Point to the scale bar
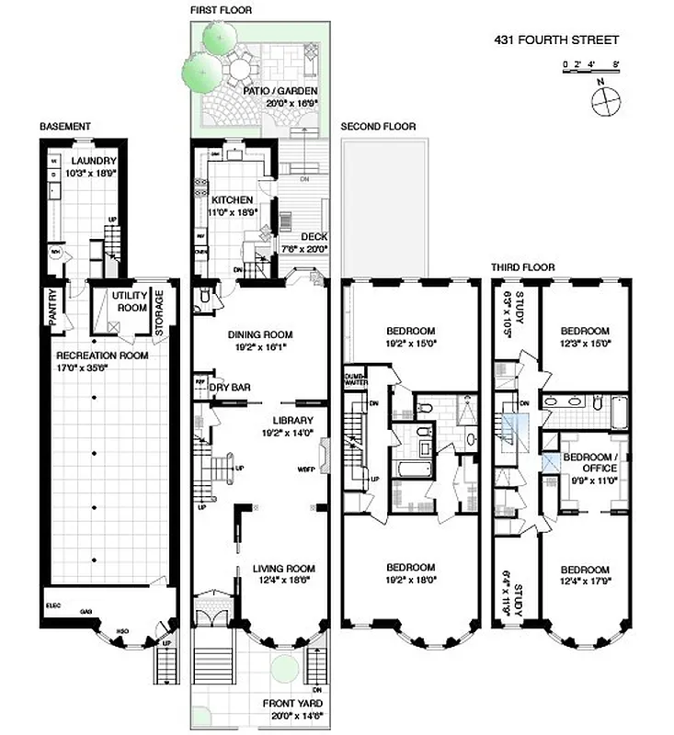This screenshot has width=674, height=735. tap(591, 65)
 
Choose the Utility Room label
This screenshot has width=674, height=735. tap(129, 301)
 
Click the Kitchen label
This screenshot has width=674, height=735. tap(233, 199)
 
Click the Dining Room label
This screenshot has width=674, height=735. tap(260, 335)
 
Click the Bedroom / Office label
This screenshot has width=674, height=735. tap(590, 462)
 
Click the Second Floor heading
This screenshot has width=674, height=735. tap(378, 127)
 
